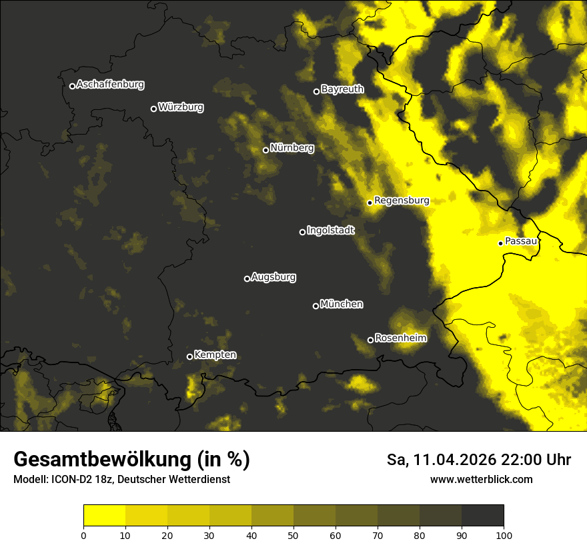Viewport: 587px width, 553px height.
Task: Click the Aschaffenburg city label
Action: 110,85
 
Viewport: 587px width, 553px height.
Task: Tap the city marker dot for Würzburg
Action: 153,109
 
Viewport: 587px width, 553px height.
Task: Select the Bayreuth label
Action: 342,89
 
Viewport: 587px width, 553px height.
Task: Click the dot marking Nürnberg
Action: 265,150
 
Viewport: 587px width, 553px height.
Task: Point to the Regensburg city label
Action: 402,201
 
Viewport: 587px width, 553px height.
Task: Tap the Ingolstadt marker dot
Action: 302,232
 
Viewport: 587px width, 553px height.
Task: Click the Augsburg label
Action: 273,277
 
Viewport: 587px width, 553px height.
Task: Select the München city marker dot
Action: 316,306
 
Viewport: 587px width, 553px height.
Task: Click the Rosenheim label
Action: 400,338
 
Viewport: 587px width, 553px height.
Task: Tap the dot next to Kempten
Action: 189,356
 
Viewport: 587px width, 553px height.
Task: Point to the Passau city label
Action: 521,241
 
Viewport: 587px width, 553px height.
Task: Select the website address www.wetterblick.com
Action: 482,480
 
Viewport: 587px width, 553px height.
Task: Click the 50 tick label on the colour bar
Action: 293,535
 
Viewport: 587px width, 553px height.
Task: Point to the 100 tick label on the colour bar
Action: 504,535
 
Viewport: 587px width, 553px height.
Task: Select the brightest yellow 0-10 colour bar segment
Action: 104,516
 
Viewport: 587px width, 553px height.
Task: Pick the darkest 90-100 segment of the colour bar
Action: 482,516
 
